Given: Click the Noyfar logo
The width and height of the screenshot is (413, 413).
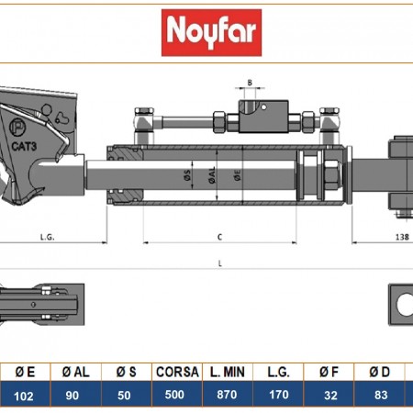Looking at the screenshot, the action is (x=211, y=32).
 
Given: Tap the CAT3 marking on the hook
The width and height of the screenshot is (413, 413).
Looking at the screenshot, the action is (x=24, y=146).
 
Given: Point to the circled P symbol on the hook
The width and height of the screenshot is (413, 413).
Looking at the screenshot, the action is (x=17, y=128).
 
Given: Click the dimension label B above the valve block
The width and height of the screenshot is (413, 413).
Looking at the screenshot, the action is (x=250, y=83).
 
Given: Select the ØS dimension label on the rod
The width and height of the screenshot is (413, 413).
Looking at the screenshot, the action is (x=187, y=175).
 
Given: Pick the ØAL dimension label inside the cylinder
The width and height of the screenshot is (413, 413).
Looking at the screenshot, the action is (x=212, y=175).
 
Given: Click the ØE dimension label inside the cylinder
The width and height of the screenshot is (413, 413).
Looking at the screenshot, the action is (x=238, y=175).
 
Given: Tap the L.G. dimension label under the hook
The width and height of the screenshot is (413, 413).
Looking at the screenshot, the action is (x=48, y=237).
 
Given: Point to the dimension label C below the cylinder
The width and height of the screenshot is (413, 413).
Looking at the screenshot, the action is (x=219, y=237).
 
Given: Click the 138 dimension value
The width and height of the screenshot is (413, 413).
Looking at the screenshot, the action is (x=402, y=237).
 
